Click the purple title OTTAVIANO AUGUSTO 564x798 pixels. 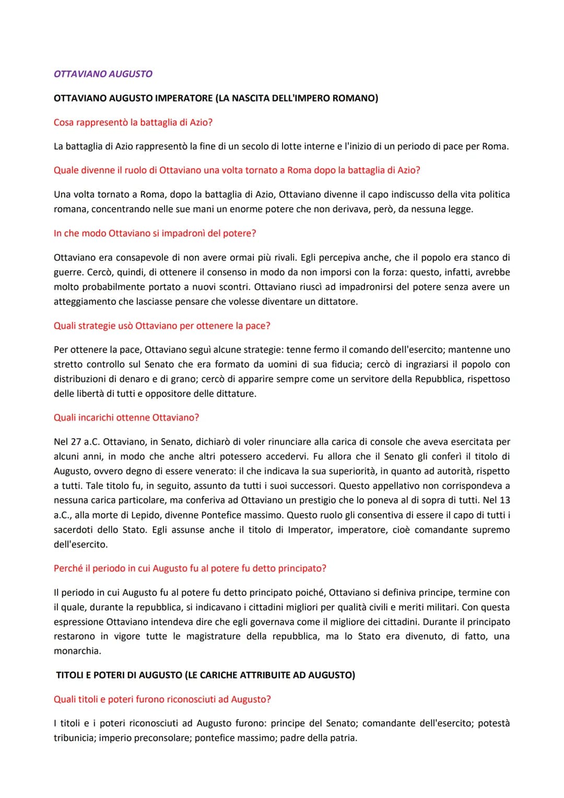103,74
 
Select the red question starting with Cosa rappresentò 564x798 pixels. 133,122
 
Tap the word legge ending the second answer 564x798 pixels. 460,209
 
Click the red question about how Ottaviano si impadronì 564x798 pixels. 155,233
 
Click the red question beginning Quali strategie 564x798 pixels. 162,326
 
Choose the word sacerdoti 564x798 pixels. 74,529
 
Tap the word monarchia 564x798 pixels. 77,651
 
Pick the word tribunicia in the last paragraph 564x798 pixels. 74,738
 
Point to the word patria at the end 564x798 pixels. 343,738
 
